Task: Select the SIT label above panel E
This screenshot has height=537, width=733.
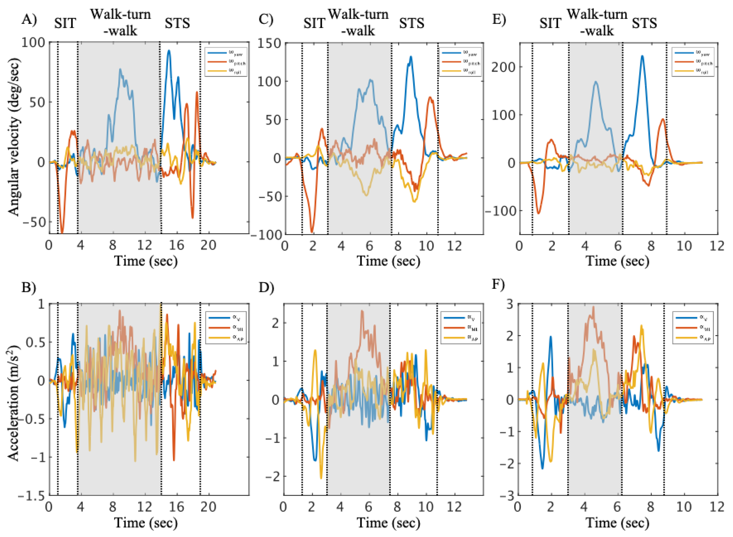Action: pyautogui.click(x=550, y=23)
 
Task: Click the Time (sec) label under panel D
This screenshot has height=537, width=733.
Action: pyautogui.click(x=388, y=523)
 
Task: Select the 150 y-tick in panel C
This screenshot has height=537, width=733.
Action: pyautogui.click(x=269, y=43)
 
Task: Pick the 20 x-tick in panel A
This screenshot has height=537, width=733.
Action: pyautogui.click(x=208, y=245)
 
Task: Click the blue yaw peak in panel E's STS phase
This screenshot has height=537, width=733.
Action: pyautogui.click(x=642, y=56)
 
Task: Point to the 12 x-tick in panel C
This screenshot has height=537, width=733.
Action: pyautogui.click(x=454, y=246)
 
